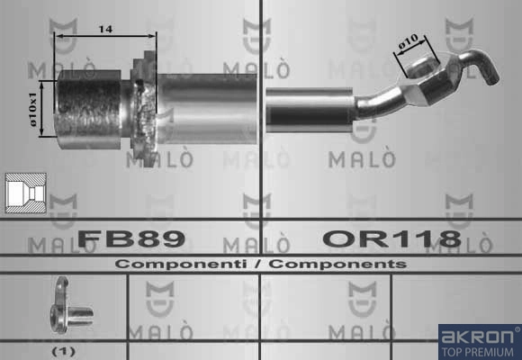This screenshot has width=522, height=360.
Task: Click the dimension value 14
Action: click(105, 30)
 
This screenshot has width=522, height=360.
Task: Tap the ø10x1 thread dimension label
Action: click(33, 110)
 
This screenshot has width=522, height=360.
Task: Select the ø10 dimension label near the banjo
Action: click(408, 42)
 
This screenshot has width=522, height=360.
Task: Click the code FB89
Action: click(131, 238)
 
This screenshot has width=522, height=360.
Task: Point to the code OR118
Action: click(391, 238)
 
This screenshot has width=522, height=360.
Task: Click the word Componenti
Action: click(181, 264)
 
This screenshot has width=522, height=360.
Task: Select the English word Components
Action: click(337, 264)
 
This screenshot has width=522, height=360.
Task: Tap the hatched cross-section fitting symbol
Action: click(26, 193)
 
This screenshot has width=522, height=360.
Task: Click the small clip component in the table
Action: click(68, 305)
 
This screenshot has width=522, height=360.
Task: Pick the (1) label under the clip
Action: click(64, 351)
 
